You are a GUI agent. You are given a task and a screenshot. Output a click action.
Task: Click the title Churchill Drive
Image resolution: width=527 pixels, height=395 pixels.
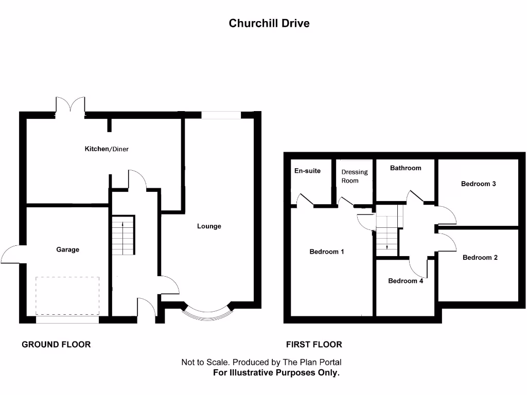(269, 23)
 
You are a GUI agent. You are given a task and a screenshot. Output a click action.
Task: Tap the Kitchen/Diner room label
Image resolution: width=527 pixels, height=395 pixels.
(107, 149)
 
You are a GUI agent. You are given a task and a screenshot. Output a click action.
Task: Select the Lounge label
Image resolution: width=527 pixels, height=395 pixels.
(209, 226)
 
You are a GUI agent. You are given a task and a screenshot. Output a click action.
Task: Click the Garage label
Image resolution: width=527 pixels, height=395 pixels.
(68, 249)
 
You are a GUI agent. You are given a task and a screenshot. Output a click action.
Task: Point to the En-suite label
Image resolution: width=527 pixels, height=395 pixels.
(307, 171)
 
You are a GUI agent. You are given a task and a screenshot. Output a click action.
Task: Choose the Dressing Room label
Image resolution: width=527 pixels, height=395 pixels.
(355, 176)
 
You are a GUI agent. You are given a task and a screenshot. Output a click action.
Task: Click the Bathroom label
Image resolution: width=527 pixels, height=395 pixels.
(406, 168)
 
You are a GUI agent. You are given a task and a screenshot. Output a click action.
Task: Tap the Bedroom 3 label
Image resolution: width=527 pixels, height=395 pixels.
(478, 184)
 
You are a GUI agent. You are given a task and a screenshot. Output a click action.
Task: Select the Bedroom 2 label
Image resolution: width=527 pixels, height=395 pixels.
(480, 258)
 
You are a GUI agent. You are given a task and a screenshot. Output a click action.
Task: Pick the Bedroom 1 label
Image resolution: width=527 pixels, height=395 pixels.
(326, 252)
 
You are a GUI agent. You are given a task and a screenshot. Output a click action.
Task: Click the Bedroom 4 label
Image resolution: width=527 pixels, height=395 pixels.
(406, 281)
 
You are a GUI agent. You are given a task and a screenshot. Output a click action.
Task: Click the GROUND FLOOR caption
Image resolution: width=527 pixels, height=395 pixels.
(56, 345)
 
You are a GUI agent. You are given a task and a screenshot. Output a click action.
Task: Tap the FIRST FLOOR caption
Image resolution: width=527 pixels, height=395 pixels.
(314, 345)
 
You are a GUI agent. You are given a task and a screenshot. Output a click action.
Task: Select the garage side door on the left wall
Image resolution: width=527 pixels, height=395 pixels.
(11, 255)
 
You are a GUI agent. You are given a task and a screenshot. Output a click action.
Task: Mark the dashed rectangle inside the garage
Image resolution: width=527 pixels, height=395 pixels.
(67, 296)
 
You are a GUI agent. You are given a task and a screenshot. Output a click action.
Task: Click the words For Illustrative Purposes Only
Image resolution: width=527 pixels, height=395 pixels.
(276, 373)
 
